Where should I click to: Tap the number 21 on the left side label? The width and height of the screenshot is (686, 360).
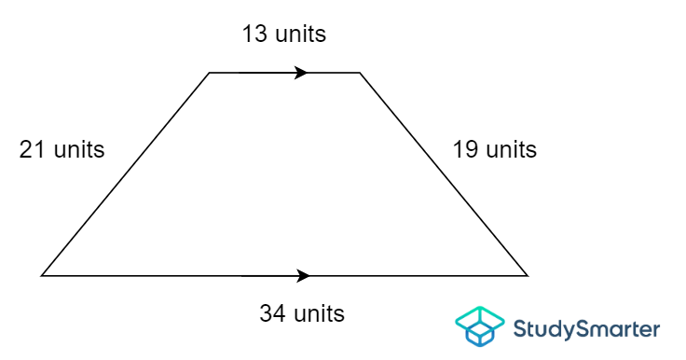tap(34, 149)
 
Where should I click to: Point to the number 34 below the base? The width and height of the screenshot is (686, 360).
tap(273, 313)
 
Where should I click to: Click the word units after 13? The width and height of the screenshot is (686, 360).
tap(300, 35)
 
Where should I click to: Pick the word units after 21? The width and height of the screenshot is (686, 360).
tap(78, 149)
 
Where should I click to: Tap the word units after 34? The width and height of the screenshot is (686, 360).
tap(319, 313)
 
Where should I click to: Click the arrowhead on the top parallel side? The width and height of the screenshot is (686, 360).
tap(301, 72)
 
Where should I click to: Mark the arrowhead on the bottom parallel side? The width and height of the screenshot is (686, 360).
tap(302, 276)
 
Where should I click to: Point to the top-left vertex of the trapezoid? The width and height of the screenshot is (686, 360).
tap(210, 72)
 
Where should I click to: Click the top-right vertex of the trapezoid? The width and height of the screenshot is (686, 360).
tap(360, 72)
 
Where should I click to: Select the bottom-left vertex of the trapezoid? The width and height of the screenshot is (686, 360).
tap(42, 276)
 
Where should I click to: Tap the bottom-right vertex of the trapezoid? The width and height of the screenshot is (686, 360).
tap(528, 276)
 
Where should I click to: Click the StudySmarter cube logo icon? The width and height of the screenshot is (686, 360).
tap(479, 326)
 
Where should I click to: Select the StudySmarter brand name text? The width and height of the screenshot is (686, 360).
tap(587, 328)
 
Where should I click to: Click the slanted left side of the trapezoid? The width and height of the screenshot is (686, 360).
tap(126, 173)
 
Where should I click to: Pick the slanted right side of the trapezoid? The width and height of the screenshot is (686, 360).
tap(444, 173)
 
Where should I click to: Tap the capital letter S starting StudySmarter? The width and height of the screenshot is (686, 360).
tap(521, 328)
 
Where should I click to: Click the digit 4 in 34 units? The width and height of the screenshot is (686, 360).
tap(280, 313)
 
